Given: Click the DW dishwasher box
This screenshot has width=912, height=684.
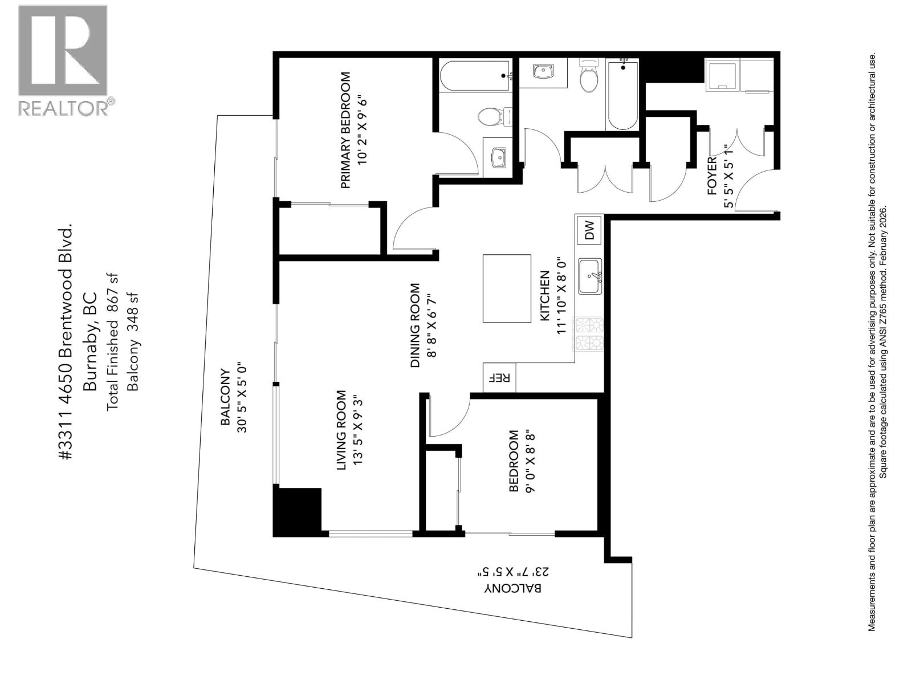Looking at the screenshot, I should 589,230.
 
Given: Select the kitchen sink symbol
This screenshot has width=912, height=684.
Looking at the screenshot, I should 590,276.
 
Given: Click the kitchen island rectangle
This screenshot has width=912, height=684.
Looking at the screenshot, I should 507,288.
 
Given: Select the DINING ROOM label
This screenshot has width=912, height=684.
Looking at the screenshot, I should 415,325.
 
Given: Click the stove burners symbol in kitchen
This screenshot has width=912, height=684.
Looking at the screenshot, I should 589,335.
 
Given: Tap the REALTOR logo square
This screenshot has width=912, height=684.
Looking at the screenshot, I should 63,50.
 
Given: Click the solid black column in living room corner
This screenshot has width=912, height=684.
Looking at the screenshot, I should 298,511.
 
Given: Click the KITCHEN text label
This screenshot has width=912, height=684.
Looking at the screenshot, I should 544,295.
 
